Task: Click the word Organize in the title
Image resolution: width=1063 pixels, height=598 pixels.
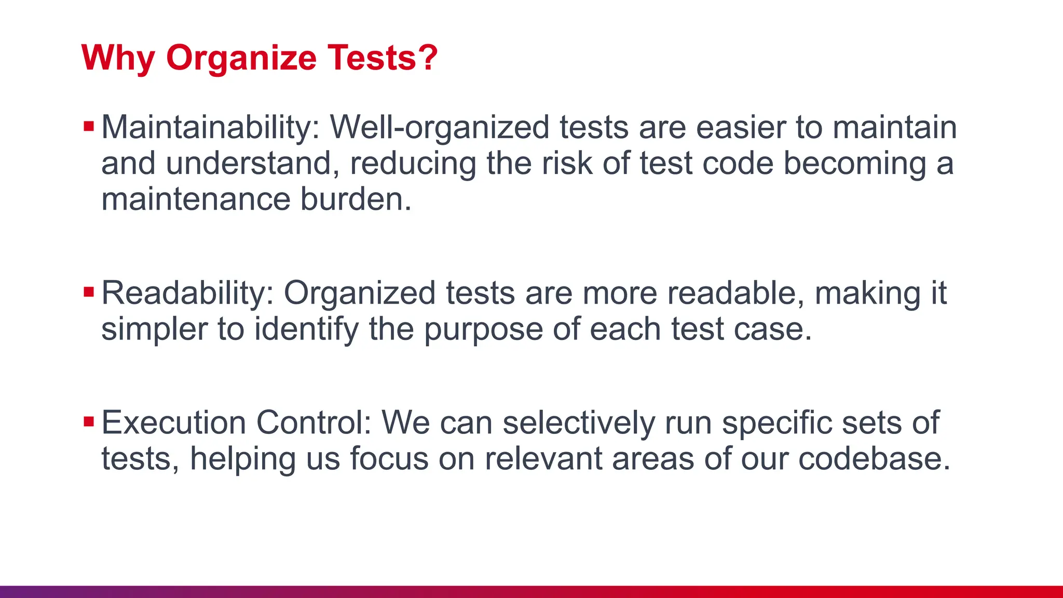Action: (241, 58)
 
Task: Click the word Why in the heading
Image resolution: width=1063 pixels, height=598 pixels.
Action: (118, 58)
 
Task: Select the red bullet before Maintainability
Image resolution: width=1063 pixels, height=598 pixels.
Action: (89, 126)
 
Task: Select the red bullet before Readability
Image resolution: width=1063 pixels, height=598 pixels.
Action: (89, 292)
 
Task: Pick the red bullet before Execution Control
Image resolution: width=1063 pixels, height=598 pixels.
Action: (89, 422)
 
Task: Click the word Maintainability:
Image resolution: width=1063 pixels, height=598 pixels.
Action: (210, 128)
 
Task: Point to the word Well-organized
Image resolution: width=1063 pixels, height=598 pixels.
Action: (440, 128)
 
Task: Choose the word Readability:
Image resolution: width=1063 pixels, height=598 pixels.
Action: (187, 294)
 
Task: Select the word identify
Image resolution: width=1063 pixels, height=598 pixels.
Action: (306, 330)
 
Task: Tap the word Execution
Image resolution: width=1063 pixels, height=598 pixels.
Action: (173, 423)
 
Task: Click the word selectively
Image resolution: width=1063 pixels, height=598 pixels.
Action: (579, 423)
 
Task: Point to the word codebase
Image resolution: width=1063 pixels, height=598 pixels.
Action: (874, 459)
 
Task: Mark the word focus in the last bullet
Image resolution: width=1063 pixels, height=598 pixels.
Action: (389, 459)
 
